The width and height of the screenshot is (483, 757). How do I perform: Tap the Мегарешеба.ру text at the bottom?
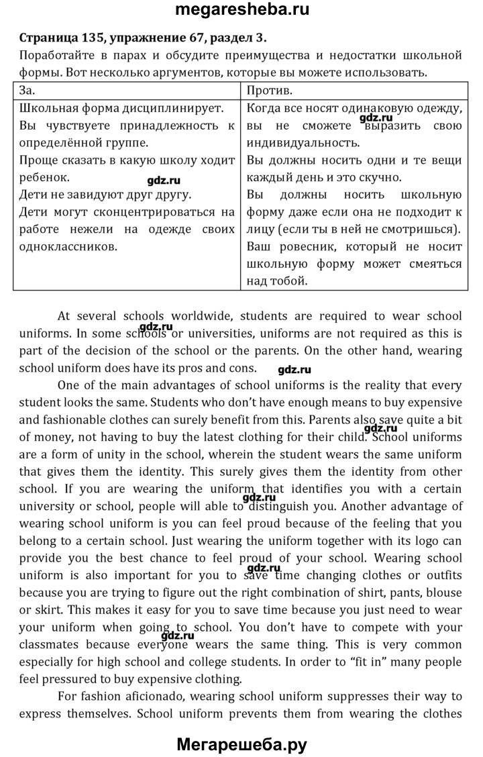(241, 743)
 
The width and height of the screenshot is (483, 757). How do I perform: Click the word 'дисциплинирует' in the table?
(179, 107)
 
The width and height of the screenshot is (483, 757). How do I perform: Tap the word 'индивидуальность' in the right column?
(303, 142)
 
